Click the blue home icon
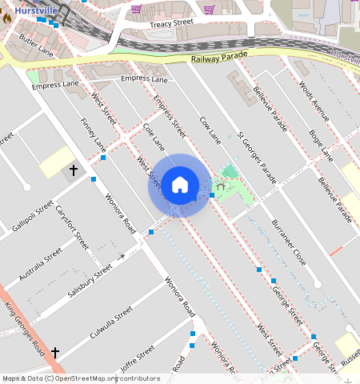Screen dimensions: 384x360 (180, 185)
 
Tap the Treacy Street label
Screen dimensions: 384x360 (172, 24)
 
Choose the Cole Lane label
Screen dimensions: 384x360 (153, 135)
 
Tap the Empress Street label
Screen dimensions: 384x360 (170, 117)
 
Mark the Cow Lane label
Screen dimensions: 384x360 (210, 129)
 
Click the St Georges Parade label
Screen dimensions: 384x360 (258, 157)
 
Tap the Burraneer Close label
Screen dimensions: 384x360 (288, 242)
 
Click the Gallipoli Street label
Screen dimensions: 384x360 (33, 216)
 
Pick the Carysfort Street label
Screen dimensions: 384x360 (72, 226)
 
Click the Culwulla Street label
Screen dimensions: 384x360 (111, 323)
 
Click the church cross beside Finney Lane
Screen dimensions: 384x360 (74, 170)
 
